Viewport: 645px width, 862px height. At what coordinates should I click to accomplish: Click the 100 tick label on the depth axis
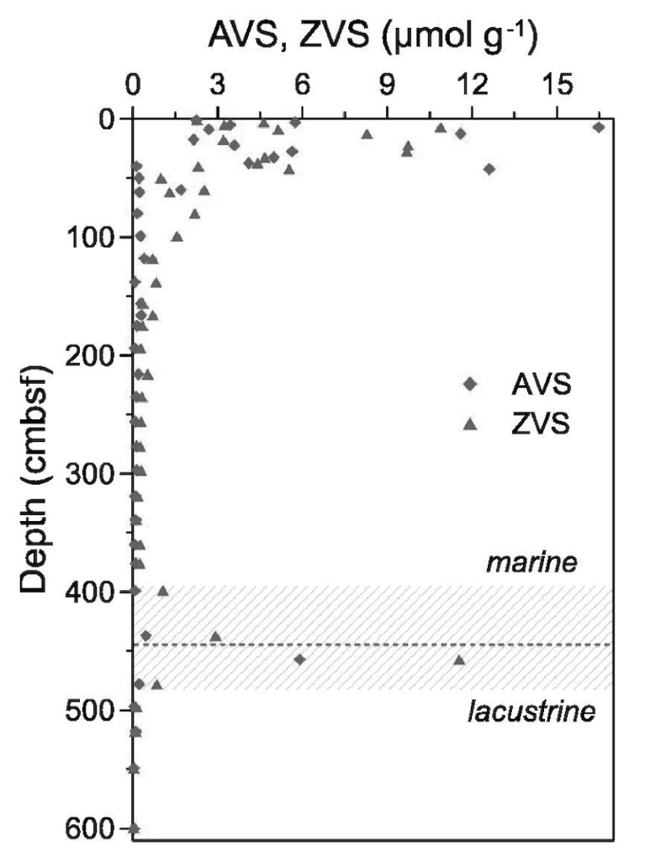[x=97, y=237]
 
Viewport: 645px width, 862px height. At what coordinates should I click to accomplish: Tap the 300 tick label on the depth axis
[x=97, y=474]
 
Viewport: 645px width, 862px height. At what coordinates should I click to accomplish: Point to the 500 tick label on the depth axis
[x=97, y=710]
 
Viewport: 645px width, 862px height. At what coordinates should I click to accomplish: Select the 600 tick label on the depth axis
[x=97, y=828]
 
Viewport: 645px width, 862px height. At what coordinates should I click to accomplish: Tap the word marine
[x=532, y=562]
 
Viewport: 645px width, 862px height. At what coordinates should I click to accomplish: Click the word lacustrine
[x=532, y=713]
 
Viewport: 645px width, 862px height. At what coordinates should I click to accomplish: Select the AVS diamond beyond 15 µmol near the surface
[x=599, y=127]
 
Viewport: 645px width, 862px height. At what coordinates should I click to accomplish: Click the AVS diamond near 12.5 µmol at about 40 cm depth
[x=489, y=169]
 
